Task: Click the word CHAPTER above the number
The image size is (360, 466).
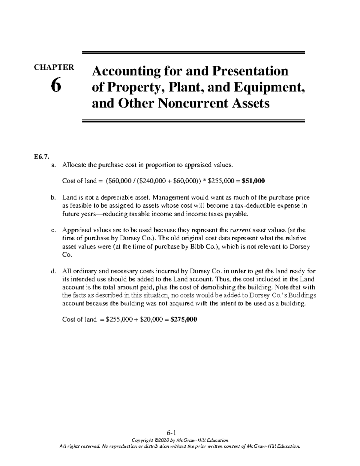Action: pos(54,67)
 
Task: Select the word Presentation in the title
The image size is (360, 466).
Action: pos(250,71)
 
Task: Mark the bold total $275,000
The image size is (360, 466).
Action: pos(184,320)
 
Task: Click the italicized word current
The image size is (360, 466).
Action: pos(240,230)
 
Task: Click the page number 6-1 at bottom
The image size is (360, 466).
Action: pos(180,433)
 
